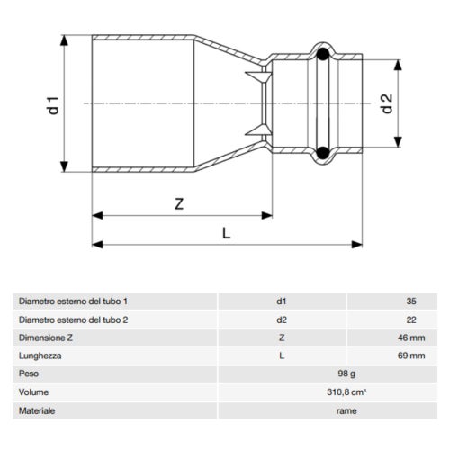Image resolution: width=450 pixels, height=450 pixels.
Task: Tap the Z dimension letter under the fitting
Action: (179, 204)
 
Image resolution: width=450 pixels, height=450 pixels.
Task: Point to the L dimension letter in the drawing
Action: (227, 232)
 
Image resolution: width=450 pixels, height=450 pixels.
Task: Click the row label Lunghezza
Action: (40, 355)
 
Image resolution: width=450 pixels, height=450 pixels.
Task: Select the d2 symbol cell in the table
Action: (282, 319)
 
